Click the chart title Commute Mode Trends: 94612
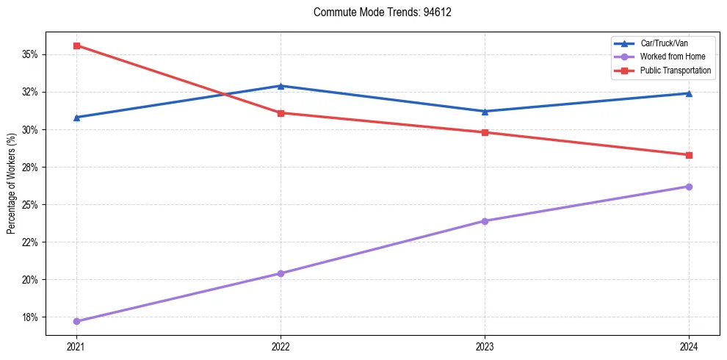[x=377, y=12]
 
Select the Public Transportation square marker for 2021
[x=76, y=46]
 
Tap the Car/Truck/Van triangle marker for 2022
[x=281, y=86]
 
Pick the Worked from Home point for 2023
[x=485, y=221]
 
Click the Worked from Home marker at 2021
[x=76, y=321]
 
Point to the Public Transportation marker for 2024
[x=689, y=155]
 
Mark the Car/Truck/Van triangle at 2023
[x=485, y=112]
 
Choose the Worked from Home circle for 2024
[x=689, y=187]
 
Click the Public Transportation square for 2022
[x=281, y=113]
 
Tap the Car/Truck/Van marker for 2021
[x=76, y=118]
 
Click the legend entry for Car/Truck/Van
[x=664, y=43]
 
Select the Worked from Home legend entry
[x=672, y=57]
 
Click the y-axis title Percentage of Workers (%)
[x=11, y=184]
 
